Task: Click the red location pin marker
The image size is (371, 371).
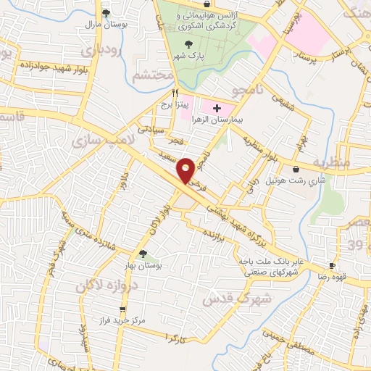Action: [x=186, y=170]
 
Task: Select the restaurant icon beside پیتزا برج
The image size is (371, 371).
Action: [x=175, y=93]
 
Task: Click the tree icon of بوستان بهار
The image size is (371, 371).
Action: [x=143, y=254]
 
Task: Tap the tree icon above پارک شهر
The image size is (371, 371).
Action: [x=178, y=43]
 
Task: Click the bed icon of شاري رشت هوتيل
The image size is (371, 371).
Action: [x=295, y=170]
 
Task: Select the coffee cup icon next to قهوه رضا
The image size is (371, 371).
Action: [x=332, y=265]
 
